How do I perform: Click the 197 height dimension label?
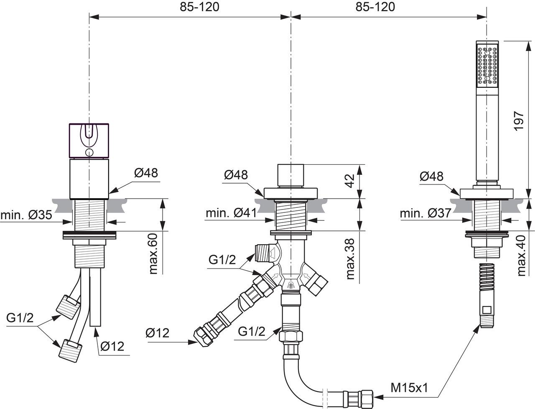[518, 121]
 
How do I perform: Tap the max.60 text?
[154, 254]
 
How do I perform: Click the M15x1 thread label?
[410, 388]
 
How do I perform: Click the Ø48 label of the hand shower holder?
[431, 176]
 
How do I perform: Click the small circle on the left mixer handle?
[89, 152]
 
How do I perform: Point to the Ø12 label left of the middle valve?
[158, 333]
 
